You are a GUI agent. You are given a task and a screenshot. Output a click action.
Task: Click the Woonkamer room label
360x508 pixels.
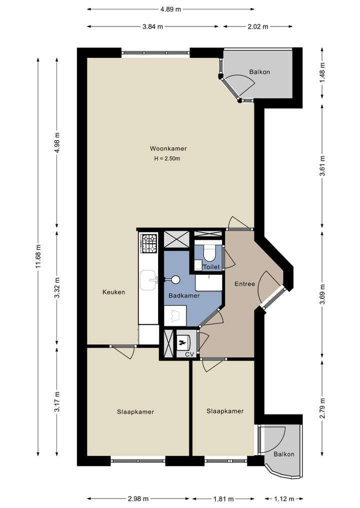click(x=164, y=148)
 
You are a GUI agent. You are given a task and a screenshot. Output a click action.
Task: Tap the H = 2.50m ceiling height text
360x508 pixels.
click(x=167, y=159)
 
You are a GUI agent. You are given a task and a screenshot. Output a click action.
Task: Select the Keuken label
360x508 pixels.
click(x=113, y=292)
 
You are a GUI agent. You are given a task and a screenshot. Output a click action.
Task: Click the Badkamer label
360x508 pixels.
click(x=184, y=296)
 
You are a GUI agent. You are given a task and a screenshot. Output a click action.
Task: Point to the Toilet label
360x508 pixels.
click(x=211, y=267)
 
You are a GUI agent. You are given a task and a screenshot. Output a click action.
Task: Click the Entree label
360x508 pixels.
click(x=244, y=284)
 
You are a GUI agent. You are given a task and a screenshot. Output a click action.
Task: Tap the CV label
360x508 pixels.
click(x=189, y=354)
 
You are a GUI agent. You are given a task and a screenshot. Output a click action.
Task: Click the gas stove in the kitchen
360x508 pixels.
click(x=148, y=243)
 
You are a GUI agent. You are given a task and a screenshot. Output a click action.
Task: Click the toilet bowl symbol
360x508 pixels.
click(x=209, y=253)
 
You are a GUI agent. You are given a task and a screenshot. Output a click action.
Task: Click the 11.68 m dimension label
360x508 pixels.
click(x=38, y=257)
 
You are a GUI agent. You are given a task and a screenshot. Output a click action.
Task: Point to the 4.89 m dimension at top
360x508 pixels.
click(x=170, y=9)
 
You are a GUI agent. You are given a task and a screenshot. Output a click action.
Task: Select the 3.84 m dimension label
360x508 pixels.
click(x=152, y=27)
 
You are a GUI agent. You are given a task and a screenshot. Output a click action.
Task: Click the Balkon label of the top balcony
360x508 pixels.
click(x=259, y=72)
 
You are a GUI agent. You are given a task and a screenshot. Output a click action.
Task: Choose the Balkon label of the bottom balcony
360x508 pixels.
click(x=283, y=454)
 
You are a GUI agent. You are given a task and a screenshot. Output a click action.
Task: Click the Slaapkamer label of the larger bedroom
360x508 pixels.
click(x=135, y=412)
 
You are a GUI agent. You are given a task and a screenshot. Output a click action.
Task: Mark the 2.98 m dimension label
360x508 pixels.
click(x=138, y=499)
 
